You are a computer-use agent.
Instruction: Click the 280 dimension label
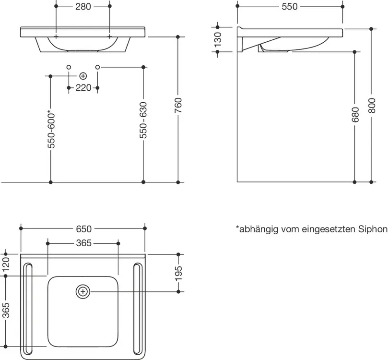pyautogui.click(x=83, y=7)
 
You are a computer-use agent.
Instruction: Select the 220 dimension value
pyautogui.click(x=83, y=88)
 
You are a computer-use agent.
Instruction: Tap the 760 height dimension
pyautogui.click(x=178, y=105)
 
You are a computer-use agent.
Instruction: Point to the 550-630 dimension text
pyautogui.click(x=143, y=120)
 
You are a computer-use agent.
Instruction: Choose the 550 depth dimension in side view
pyautogui.click(x=290, y=7)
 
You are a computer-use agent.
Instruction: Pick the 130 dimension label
pyautogui.click(x=218, y=40)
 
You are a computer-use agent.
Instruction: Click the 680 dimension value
pyautogui.click(x=355, y=115)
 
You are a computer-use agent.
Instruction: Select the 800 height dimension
pyautogui.click(x=372, y=106)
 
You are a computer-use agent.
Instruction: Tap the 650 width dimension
pyautogui.click(x=83, y=229)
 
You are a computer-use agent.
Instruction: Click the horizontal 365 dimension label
pyautogui.click(x=83, y=243)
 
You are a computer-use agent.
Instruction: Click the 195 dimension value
pyautogui.click(x=178, y=274)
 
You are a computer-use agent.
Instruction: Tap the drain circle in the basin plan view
pyautogui.click(x=83, y=292)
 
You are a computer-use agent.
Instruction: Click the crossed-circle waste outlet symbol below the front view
pyautogui.click(x=83, y=76)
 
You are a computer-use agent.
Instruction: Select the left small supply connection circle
pyautogui.click(x=69, y=67)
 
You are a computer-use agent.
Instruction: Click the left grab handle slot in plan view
pyautogui.click(x=27, y=309)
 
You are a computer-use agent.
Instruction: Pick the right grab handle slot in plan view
pyautogui.click(x=138, y=309)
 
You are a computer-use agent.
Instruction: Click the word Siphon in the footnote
pyautogui.click(x=373, y=229)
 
